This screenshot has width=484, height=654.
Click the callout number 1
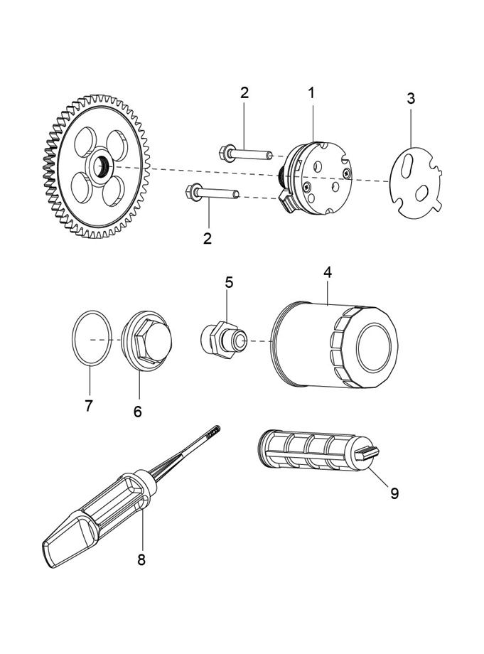click(311, 92)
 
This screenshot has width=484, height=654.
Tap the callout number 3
click(411, 99)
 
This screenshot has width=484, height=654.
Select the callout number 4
click(328, 272)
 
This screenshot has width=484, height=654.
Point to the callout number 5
click(229, 282)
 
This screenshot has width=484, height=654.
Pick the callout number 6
click(138, 411)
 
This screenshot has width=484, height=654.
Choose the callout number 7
click(89, 406)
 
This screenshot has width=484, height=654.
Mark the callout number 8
click(141, 559)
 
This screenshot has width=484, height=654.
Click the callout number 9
click(394, 493)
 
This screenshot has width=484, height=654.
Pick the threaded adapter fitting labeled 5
click(223, 340)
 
